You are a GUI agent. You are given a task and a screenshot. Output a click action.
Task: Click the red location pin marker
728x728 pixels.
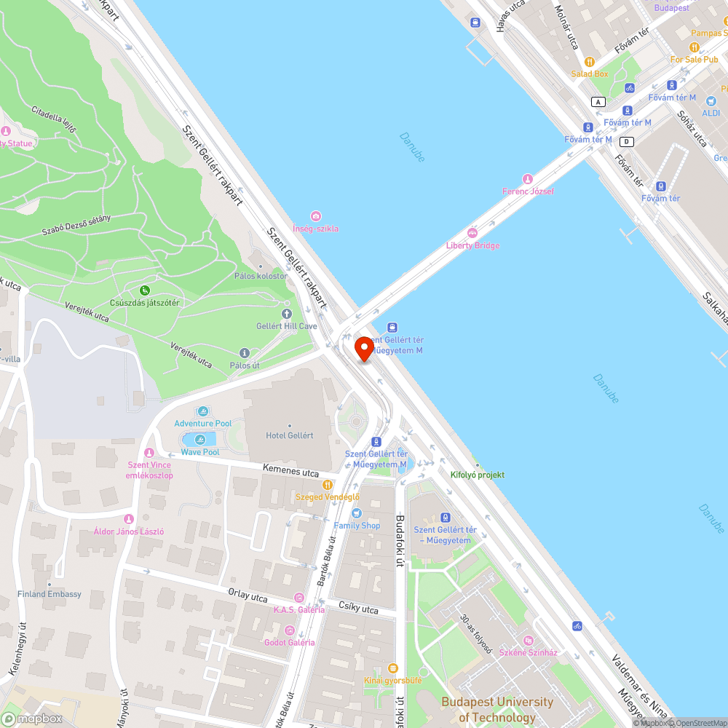click(x=363, y=349)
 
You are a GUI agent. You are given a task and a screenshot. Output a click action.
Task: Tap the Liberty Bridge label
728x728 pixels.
click(x=472, y=245)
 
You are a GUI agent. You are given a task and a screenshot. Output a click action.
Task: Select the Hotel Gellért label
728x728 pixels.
click(x=289, y=435)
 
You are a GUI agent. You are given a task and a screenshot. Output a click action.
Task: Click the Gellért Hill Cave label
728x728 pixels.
click(x=286, y=326)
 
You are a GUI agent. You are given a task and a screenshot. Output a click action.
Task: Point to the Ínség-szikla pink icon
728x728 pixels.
click(x=315, y=216)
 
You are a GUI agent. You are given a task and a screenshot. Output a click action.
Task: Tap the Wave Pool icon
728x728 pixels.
click(x=200, y=439)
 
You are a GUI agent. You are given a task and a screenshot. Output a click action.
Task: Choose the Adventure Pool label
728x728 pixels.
click(x=202, y=423)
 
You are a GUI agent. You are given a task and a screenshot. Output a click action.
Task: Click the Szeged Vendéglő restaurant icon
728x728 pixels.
click(x=328, y=484)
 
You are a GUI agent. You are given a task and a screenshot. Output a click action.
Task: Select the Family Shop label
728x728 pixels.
click(x=357, y=525)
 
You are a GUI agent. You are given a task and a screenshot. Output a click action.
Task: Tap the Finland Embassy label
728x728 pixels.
click(x=50, y=594)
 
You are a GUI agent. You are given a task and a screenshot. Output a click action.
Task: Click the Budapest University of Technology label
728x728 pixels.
click(x=496, y=709)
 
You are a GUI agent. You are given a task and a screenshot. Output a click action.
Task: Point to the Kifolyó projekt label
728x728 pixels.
click(x=477, y=475)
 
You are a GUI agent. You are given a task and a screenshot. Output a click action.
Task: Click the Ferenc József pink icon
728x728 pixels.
click(x=528, y=179)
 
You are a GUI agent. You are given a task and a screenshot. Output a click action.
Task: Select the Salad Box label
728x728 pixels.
click(x=589, y=74)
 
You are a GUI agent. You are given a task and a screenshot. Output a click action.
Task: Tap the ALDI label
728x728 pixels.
click(x=711, y=113)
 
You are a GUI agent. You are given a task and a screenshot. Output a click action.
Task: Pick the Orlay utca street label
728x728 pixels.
click(x=248, y=596)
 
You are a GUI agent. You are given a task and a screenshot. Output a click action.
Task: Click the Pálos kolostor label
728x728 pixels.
click(x=260, y=276)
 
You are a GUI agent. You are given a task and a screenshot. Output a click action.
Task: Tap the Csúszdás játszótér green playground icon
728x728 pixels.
click(x=145, y=290)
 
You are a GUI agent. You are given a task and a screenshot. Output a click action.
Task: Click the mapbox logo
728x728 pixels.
click(x=32, y=719)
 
